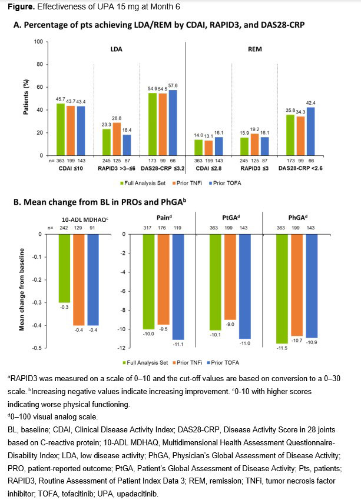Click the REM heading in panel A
tap(263, 51)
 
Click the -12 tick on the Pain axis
tap(123, 348)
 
